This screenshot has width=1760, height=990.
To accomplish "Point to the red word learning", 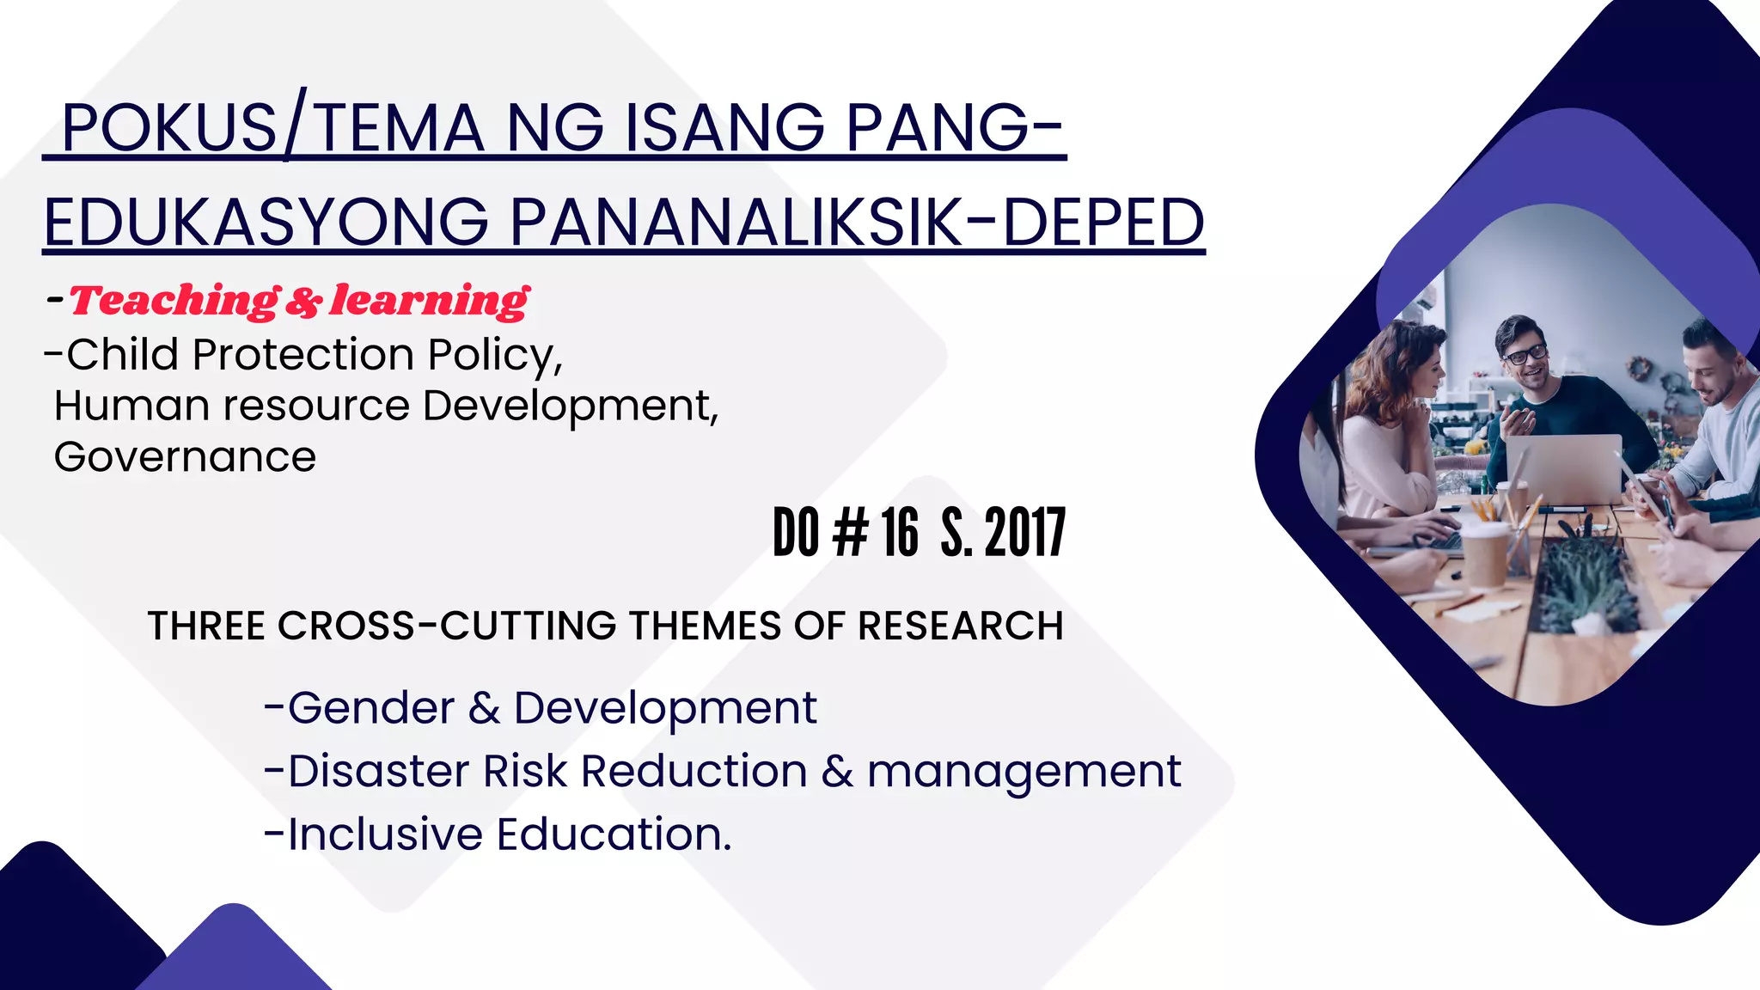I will pyautogui.click(x=430, y=301).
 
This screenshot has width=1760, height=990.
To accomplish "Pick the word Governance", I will pyautogui.click(x=185, y=457).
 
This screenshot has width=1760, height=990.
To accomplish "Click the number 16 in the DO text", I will pyautogui.click(x=900, y=533).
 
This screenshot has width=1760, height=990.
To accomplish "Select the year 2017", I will pyautogui.click(x=1025, y=533).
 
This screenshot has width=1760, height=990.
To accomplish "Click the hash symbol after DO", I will pyautogui.click(x=851, y=533).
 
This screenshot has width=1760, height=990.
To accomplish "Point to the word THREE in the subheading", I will pyautogui.click(x=206, y=626).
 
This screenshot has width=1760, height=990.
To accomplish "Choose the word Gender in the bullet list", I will pyautogui.click(x=370, y=709).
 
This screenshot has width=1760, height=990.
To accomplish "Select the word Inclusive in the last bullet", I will pyautogui.click(x=385, y=834).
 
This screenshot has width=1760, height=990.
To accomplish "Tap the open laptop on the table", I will pyautogui.click(x=1562, y=468).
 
